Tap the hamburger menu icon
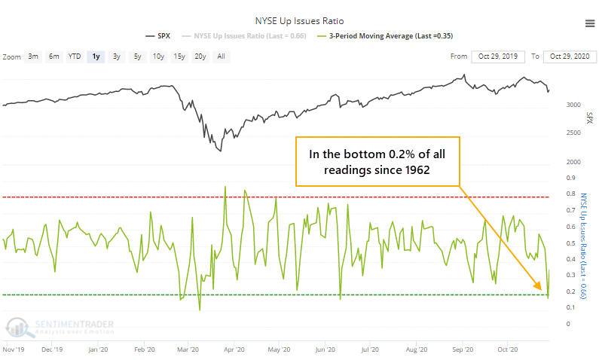(588, 24)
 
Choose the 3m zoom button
(33, 56)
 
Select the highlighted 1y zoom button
(95, 56)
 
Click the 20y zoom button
(200, 56)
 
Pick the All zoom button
(221, 56)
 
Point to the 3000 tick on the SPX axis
(573, 105)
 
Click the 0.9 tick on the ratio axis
(568, 178)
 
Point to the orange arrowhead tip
(541, 289)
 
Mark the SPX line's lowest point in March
(221, 151)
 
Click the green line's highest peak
(225, 186)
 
